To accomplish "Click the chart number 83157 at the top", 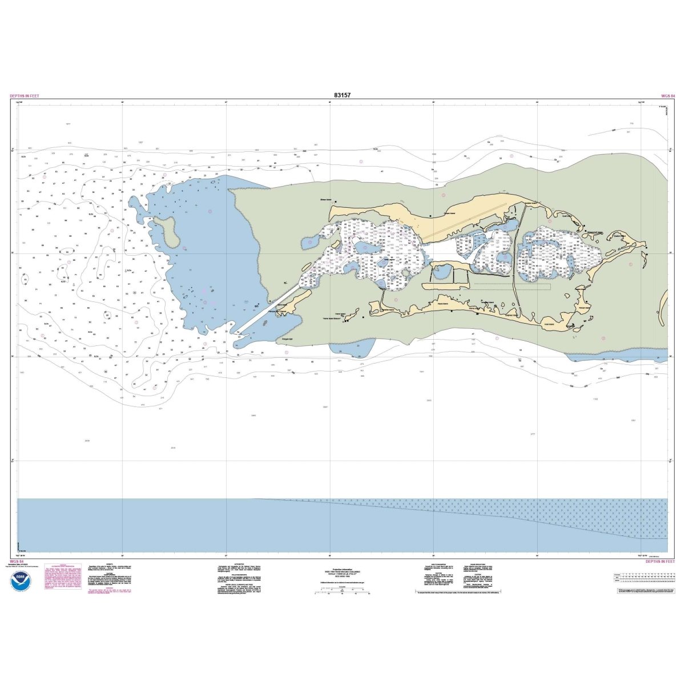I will tap(342, 95).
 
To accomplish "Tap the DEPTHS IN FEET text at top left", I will tap(25, 96).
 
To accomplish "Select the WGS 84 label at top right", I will tap(667, 96).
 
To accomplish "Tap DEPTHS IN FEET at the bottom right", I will tap(660, 562).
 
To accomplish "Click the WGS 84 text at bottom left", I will tap(17, 562).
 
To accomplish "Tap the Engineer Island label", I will tap(511, 315).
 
